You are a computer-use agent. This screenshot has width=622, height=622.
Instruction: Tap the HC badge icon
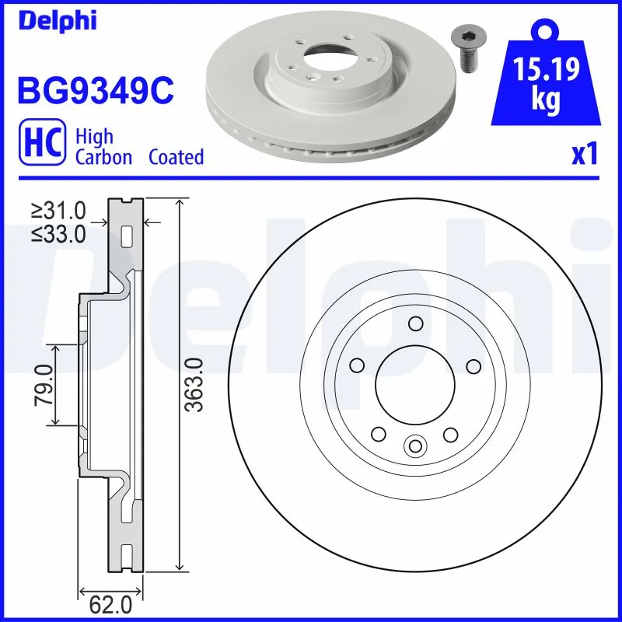(40, 145)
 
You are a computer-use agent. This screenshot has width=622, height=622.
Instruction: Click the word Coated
(176, 157)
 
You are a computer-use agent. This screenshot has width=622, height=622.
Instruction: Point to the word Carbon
(103, 157)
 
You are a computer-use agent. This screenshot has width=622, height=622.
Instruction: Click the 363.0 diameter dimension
(194, 385)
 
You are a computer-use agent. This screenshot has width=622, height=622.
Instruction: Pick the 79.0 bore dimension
(43, 384)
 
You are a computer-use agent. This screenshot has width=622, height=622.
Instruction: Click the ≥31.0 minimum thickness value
(58, 210)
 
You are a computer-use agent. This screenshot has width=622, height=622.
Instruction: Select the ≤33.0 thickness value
(58, 233)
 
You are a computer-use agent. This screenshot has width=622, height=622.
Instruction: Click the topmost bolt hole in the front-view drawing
(414, 323)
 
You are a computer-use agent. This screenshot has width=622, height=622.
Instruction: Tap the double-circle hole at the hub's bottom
(414, 446)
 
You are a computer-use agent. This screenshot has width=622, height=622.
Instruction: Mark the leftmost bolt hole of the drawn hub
(357, 365)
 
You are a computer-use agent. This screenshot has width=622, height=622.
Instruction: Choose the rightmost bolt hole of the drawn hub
(472, 365)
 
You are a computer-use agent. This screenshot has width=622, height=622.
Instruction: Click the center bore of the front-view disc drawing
(414, 384)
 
